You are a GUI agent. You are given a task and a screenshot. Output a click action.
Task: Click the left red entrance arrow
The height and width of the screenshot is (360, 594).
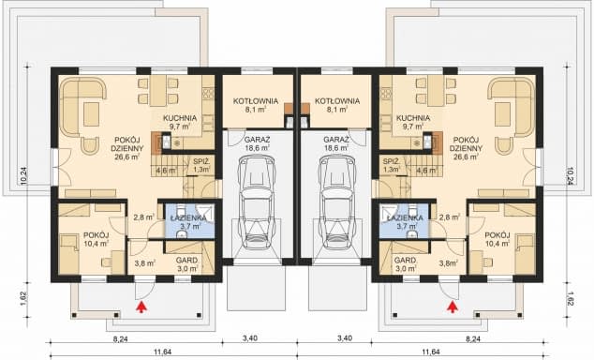point(141,307)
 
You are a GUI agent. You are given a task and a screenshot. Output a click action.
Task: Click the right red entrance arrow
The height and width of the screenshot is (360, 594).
point(452,307)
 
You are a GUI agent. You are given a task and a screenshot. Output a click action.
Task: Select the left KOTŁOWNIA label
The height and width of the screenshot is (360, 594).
point(256,101)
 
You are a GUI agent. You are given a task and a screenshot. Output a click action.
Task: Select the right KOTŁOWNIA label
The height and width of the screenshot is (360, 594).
point(337,101)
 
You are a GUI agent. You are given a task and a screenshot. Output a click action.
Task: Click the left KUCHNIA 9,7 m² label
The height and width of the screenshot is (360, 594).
point(180,122)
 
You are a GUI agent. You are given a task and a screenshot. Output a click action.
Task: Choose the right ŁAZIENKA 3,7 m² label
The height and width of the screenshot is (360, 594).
point(405,222)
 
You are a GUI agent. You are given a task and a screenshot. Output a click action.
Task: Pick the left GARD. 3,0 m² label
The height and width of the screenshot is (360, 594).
point(187,264)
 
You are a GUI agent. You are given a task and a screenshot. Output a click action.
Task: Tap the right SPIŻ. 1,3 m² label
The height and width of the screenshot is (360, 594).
point(392,165)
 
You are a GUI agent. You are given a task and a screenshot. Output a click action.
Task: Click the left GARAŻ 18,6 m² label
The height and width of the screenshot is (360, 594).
point(258,143)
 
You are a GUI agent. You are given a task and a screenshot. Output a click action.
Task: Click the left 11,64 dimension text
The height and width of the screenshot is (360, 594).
point(162,352)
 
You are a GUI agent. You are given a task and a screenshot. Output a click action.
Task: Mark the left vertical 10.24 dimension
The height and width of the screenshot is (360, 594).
point(23,176)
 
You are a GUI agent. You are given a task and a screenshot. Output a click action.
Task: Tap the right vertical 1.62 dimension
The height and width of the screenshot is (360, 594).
point(571,298)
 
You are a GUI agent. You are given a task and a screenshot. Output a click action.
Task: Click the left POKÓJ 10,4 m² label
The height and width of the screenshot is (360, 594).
point(97,239)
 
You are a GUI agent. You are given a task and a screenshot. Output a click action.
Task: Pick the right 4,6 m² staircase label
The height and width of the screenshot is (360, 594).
point(426,170)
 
